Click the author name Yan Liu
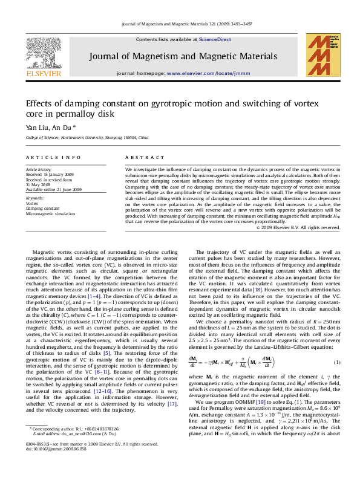pos(36,128)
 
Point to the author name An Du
pos(62,128)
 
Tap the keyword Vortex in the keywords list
pos(32,204)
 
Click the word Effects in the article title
pos(39,103)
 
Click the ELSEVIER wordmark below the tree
pos(44,74)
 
